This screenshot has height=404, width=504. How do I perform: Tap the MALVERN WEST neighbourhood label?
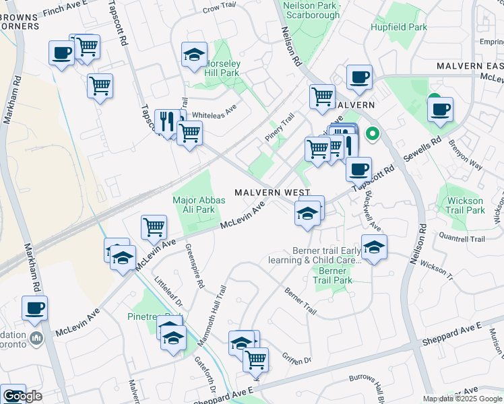point(272,193)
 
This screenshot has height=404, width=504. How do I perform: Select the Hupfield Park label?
point(399,28)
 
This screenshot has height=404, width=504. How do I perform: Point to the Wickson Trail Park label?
point(465,205)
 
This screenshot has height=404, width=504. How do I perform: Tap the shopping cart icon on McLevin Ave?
point(154,227)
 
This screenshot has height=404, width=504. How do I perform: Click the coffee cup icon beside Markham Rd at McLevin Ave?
point(35,308)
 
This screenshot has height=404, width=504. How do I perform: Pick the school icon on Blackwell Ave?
point(374,247)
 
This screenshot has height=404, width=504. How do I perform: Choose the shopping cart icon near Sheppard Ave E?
point(255,359)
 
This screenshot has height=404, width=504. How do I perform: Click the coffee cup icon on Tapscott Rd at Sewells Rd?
point(359,168)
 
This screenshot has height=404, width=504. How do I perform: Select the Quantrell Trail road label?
point(462,239)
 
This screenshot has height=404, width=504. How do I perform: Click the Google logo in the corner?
point(23,396)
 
